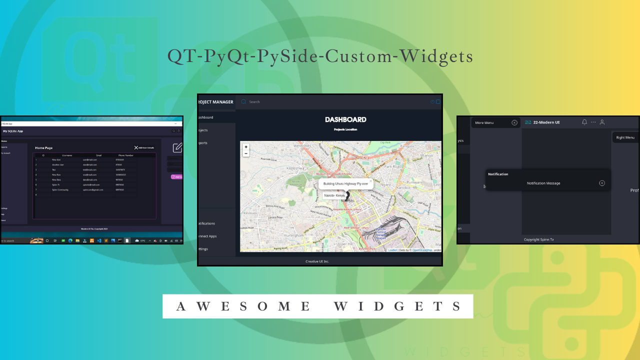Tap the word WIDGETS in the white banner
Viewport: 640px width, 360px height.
tap(397, 306)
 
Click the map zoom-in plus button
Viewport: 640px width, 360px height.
tap(246, 147)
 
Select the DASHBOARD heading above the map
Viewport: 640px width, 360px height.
tap(345, 119)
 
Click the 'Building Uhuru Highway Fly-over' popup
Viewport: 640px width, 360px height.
tap(345, 183)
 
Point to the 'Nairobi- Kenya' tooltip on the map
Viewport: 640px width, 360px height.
tap(334, 195)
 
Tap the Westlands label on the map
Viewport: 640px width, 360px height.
tap(301, 145)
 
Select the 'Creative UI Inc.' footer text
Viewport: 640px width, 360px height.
tap(317, 261)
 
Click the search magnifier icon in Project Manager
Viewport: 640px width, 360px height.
tap(243, 101)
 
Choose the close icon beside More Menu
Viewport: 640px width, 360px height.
tap(514, 122)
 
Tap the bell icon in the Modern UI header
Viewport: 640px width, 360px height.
tap(584, 122)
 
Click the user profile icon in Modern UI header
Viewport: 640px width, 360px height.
tap(602, 122)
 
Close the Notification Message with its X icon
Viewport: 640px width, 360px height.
tap(602, 183)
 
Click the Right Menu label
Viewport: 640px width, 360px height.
tap(625, 137)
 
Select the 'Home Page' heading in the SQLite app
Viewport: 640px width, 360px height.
tap(43, 148)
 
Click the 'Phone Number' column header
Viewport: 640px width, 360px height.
tap(125, 155)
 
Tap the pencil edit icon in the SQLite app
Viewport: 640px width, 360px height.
tap(177, 147)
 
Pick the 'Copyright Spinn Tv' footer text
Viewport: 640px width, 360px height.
tap(538, 239)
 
